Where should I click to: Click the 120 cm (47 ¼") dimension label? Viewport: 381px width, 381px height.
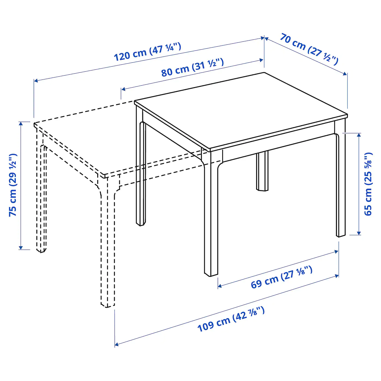[x=147, y=52]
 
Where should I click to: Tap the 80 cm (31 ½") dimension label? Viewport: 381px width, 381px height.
[x=192, y=67]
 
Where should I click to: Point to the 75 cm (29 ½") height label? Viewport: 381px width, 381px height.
[x=13, y=185]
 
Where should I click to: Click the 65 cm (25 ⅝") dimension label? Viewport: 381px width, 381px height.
[x=368, y=184]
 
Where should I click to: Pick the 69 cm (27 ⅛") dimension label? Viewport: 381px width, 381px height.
[x=281, y=277]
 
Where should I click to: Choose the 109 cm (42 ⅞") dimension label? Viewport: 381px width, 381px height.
[x=231, y=319]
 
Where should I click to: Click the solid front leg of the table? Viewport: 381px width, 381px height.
[x=211, y=218]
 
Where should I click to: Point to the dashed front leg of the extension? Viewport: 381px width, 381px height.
[x=107, y=245]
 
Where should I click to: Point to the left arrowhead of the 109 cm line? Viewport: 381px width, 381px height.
[x=116, y=345]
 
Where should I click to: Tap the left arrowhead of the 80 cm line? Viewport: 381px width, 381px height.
[x=123, y=89]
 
